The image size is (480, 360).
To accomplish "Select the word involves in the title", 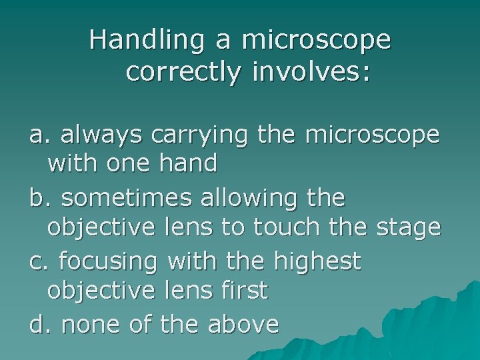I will (311, 73).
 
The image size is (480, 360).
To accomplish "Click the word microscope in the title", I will (317, 40).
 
